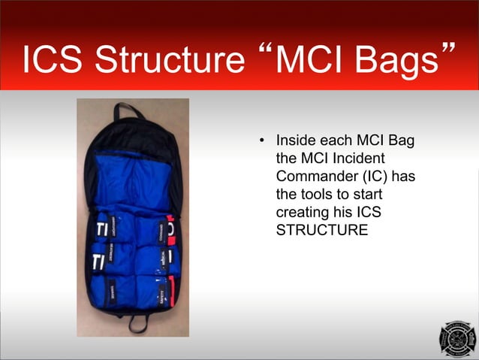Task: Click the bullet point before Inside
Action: pos(261,141)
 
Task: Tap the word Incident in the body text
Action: pos(353,159)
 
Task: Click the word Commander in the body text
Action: pos(312,176)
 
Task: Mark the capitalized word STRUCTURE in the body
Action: pos(322,230)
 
